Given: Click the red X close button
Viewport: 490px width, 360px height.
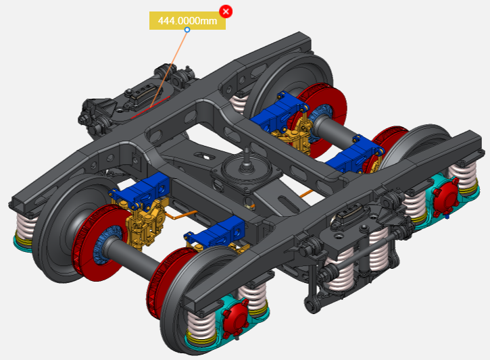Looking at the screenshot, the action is coord(226,11).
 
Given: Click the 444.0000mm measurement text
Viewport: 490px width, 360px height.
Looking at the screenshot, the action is coord(187,21).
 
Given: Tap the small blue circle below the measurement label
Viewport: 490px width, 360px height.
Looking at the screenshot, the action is coord(187,30).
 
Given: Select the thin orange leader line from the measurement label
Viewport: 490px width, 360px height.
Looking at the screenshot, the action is coord(169,69).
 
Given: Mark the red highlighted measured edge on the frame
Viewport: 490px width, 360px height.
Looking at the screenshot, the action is coord(151,107).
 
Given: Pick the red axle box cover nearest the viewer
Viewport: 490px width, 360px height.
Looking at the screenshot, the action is coord(237,315).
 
